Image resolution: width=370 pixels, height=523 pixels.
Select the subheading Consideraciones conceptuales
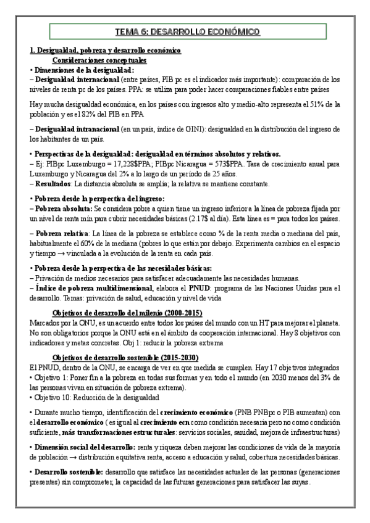click(99, 60)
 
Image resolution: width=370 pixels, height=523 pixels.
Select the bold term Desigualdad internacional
click(77, 80)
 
